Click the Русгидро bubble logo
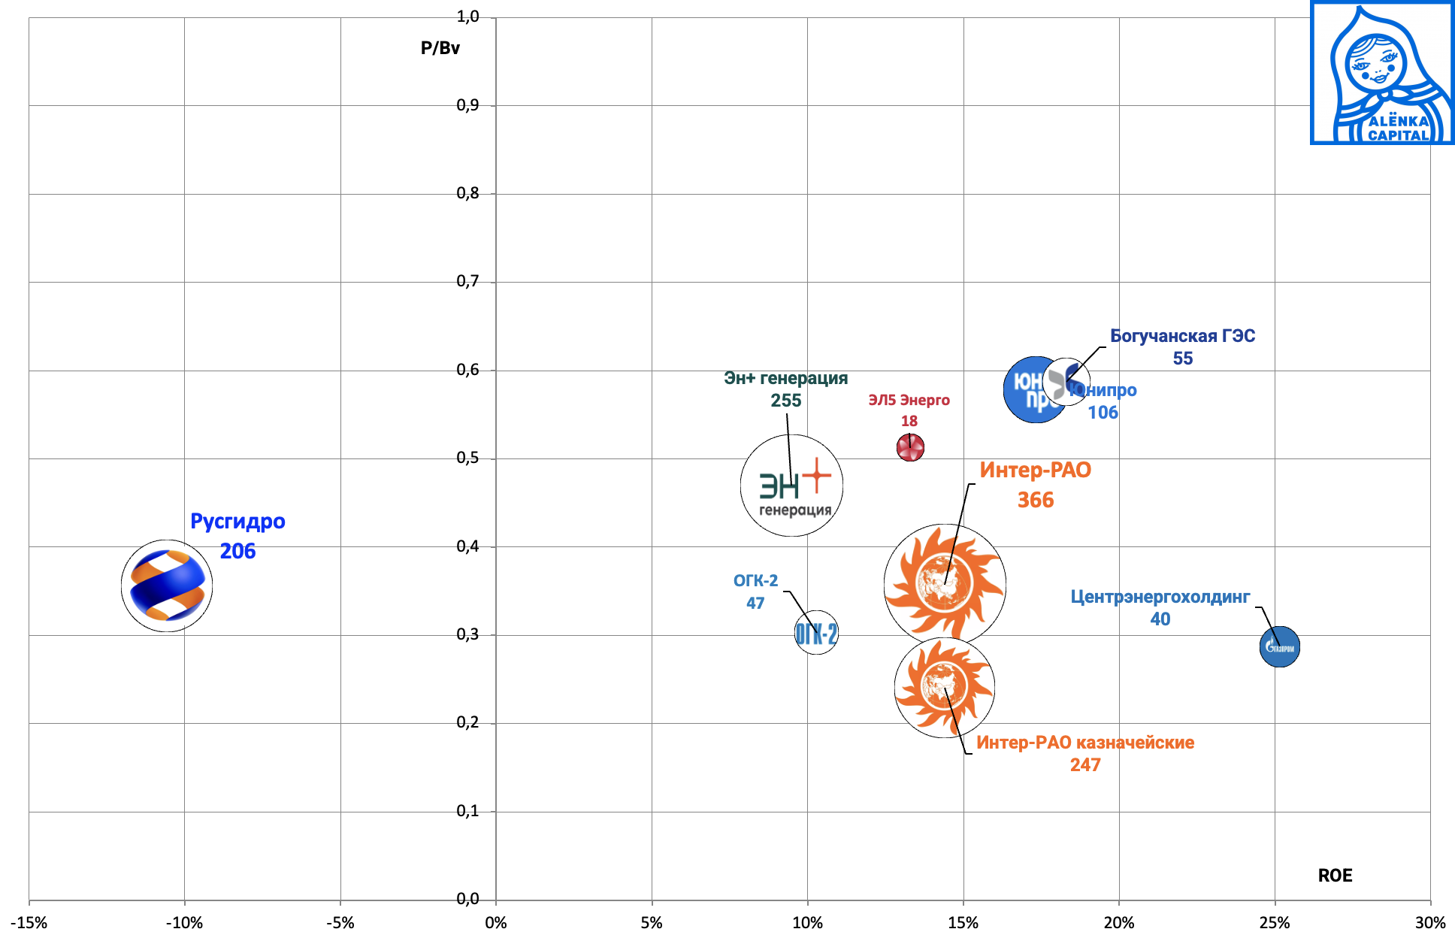[x=167, y=586]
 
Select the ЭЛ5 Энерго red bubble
[x=910, y=448]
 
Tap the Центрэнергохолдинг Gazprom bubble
[x=1279, y=646]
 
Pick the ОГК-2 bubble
[x=816, y=633]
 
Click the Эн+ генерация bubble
[x=791, y=486]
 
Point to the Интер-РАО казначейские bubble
[x=944, y=687]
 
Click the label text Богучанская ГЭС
[x=1182, y=336]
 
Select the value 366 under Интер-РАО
[x=1036, y=500]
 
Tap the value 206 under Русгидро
[x=237, y=551]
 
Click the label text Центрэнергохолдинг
[x=1160, y=597]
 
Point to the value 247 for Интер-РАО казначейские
[x=1085, y=764]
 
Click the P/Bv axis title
[x=440, y=48]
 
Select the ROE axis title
[x=1335, y=876]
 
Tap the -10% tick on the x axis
[x=184, y=923]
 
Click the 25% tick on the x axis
[x=1275, y=923]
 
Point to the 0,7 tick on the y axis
[x=467, y=282]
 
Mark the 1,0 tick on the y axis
[x=467, y=17]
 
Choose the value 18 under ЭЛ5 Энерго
[x=909, y=421]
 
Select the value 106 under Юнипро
[x=1103, y=412]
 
